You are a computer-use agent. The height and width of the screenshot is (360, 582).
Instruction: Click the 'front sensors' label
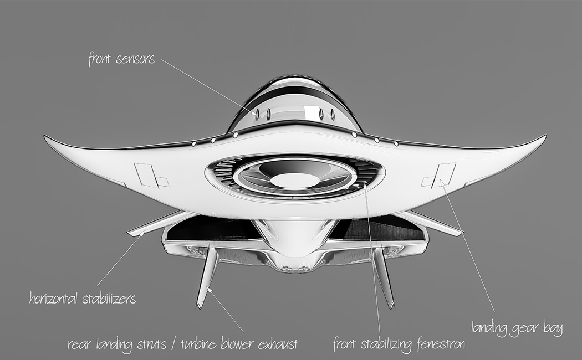121,59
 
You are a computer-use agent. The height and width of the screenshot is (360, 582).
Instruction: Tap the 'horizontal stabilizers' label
83,298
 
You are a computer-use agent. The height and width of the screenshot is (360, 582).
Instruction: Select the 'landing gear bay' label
517,328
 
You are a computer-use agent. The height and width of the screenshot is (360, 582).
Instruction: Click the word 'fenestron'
441,344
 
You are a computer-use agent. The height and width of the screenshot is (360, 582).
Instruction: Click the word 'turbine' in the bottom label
198,344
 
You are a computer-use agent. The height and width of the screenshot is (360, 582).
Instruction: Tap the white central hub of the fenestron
295,180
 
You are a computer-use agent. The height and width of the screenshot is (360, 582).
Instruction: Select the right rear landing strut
384,278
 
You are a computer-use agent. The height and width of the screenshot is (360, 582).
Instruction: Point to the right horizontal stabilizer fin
431,223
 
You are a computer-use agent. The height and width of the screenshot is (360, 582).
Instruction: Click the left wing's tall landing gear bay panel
147,176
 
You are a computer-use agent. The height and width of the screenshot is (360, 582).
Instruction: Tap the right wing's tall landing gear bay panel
443,176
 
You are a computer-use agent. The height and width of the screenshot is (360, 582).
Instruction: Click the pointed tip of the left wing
44,136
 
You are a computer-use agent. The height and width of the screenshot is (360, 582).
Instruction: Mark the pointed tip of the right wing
546,136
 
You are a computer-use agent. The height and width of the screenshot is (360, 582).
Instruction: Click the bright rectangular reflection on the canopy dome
310,111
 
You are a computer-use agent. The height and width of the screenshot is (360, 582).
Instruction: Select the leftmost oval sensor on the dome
257,115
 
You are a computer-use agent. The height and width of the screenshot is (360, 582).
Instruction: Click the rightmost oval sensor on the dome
333,115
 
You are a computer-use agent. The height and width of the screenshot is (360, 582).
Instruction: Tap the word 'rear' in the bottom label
79,344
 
